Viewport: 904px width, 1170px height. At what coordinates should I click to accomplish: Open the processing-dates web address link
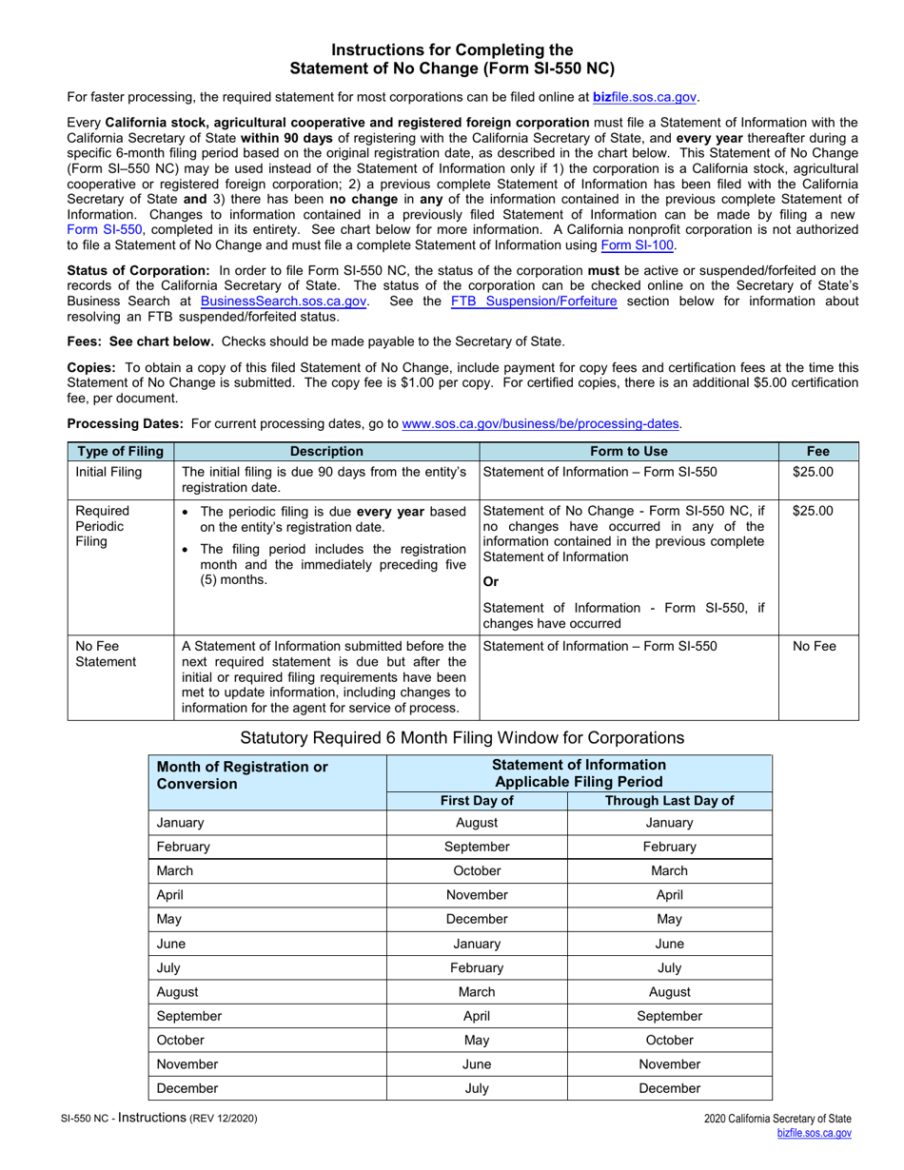540,424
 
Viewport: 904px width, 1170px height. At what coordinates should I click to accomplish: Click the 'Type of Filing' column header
120,452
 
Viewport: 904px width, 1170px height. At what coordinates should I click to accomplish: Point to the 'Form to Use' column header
628,452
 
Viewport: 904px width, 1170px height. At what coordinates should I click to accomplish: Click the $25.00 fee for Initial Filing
813,472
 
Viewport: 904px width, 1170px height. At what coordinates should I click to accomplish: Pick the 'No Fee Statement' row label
106,654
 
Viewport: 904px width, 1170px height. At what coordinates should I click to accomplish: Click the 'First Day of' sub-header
477,801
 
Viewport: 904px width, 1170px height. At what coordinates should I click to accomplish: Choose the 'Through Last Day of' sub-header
669,801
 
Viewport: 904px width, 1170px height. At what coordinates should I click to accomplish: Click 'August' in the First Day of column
477,823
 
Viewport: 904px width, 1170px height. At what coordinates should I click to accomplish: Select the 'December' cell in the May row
477,920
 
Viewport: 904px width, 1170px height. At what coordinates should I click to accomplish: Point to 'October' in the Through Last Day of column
669,1041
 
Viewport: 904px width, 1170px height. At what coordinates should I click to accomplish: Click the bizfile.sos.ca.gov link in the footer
814,1134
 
